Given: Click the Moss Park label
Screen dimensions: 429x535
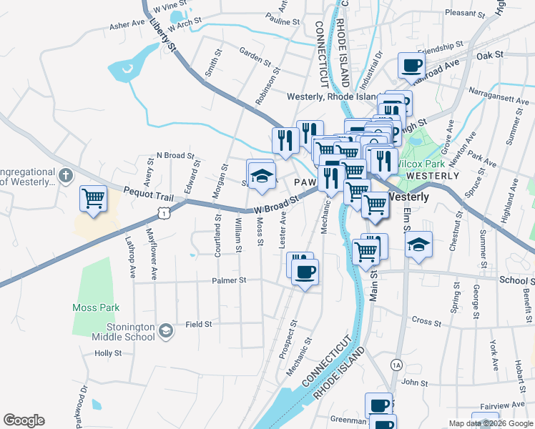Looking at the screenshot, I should coord(95,307).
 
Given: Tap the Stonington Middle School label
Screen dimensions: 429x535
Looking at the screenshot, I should coord(126,332).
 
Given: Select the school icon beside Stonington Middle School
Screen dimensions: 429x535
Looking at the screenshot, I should coord(166,330).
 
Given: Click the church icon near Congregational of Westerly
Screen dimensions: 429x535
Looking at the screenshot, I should coord(65,175).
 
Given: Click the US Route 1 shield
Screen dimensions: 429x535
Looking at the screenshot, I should coord(165,212).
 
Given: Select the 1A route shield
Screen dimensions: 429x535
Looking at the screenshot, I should coord(397,365).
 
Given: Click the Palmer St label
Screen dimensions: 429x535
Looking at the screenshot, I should coord(229,280).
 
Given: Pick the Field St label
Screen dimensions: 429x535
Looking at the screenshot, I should coord(199,324).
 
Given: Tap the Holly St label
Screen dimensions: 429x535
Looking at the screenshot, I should coord(108,353).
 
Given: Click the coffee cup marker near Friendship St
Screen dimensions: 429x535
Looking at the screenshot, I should coord(411,66).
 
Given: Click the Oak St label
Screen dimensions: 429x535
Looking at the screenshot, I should coord(490,54).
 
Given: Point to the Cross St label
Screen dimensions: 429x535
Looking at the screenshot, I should coord(427,322).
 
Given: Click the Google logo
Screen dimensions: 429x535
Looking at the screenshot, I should coord(24,420).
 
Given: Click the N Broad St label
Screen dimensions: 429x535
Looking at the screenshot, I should coord(175,155).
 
